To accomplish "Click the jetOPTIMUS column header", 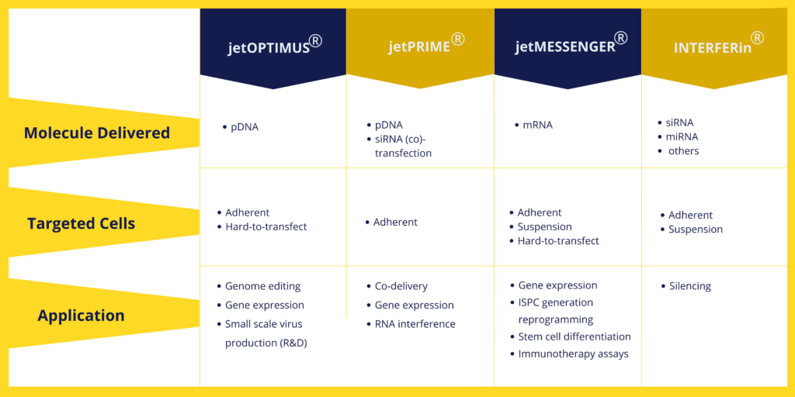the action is point(273,47).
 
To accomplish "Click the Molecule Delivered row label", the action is point(97,133).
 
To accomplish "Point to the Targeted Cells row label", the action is point(81,223).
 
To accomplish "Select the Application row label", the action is point(81,316).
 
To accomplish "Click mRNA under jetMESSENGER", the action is point(537,125).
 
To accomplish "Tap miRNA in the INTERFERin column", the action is point(682,136).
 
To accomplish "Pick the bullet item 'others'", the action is point(683,151).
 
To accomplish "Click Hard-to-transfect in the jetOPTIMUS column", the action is point(266,227).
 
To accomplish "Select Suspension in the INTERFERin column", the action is point(696,230).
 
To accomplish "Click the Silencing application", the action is point(690,287).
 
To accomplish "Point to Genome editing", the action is point(262,287).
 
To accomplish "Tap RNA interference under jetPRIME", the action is point(415,324).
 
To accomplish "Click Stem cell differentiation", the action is point(575,337).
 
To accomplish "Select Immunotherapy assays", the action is point(574,354).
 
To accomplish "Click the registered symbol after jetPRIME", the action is point(458,39).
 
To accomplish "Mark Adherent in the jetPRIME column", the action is point(395,223).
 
